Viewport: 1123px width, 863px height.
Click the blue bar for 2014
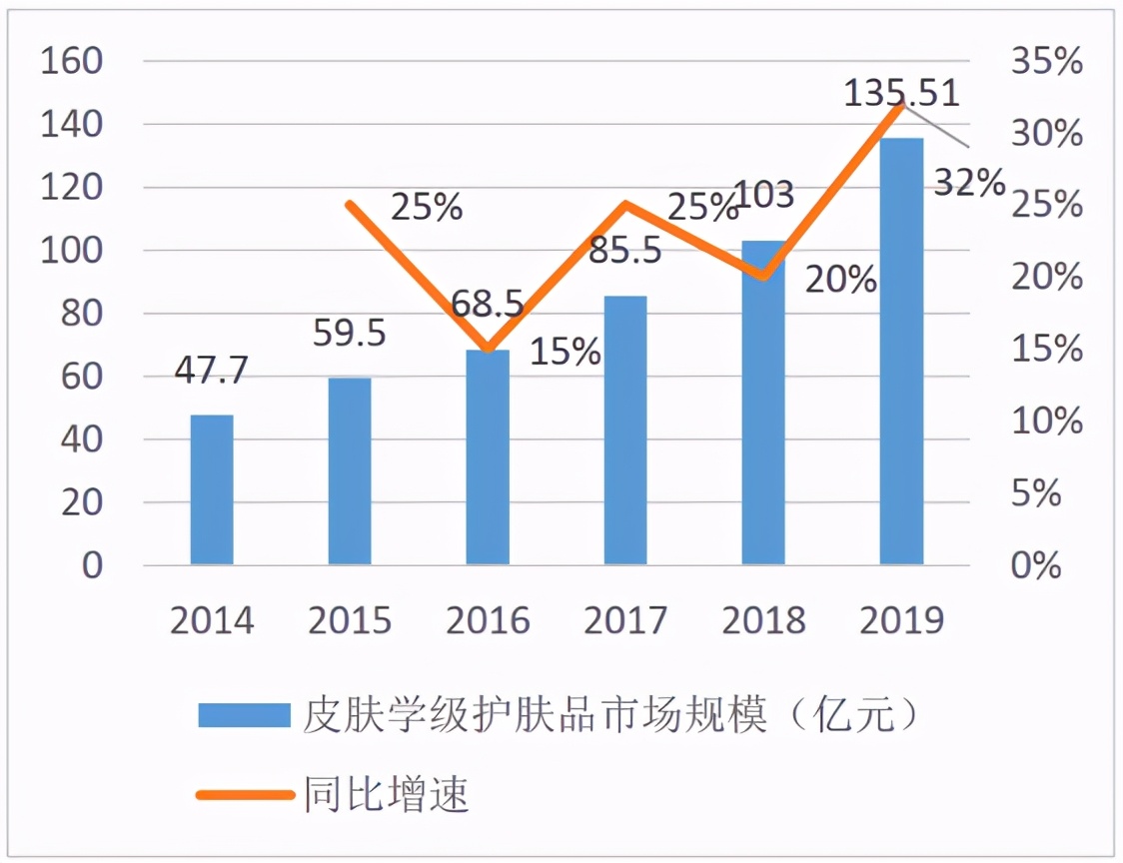[212, 489]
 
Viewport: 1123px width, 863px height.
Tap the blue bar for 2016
[488, 457]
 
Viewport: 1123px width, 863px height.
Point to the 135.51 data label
[901, 93]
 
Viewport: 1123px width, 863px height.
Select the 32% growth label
[968, 182]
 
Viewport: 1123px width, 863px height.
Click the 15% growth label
[564, 351]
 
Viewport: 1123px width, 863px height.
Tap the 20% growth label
[841, 280]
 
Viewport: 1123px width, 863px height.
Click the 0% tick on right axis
[1034, 565]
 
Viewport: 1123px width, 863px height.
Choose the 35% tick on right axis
[1046, 61]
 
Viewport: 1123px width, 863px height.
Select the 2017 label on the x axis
[625, 620]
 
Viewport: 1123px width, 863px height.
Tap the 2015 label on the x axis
[350, 620]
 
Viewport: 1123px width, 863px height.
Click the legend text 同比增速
[386, 795]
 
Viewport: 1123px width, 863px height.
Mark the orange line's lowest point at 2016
[488, 350]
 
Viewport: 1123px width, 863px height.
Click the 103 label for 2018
[763, 193]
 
